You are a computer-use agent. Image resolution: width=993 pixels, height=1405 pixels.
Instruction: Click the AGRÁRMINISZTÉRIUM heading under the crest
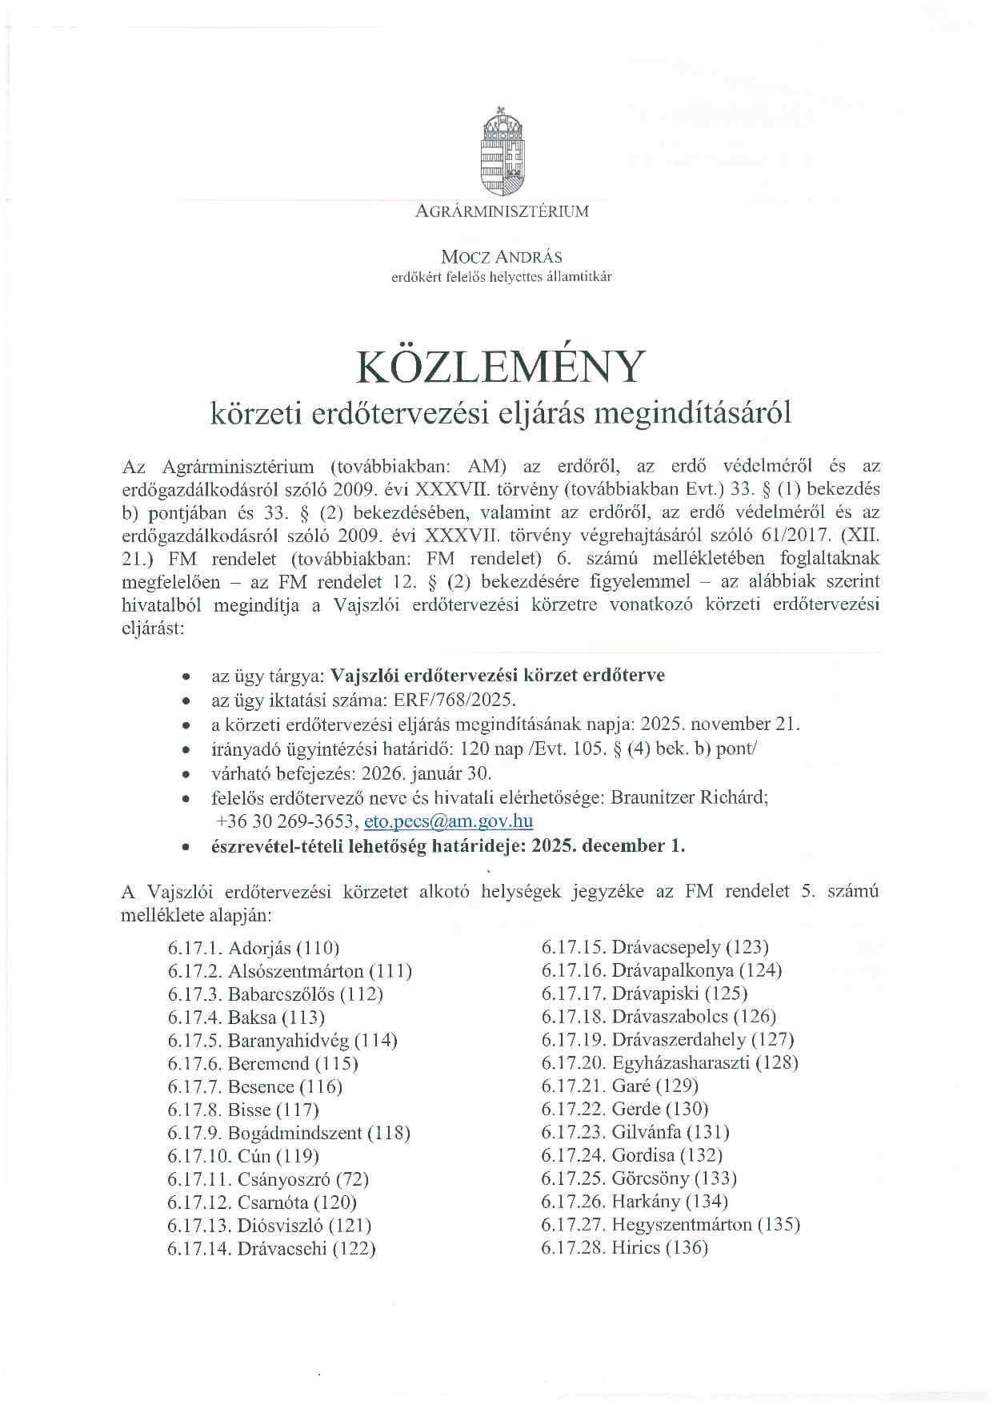502,212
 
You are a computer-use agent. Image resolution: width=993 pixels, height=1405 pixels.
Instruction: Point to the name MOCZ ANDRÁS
502,257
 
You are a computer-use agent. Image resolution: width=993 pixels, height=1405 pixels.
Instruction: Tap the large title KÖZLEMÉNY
500,367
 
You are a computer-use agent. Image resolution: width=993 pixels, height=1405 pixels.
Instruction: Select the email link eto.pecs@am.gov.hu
448,821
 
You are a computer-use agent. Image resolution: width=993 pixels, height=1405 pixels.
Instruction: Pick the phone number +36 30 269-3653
285,821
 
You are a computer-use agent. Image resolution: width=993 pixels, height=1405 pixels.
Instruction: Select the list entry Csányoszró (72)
303,1178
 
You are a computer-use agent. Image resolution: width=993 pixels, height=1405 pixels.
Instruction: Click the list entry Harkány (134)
670,1201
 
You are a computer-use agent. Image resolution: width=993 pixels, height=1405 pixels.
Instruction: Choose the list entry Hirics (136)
659,1247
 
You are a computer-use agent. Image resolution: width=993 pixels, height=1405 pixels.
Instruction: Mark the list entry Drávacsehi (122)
306,1248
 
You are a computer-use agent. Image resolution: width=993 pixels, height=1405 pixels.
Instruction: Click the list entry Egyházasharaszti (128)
705,1062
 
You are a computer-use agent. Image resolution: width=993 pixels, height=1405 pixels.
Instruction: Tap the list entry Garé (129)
655,1086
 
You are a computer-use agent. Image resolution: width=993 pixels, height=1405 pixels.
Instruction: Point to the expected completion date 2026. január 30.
426,773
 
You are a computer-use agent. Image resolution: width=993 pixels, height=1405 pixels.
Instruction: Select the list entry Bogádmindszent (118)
318,1133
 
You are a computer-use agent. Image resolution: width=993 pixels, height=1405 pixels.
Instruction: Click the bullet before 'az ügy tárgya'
186,676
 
